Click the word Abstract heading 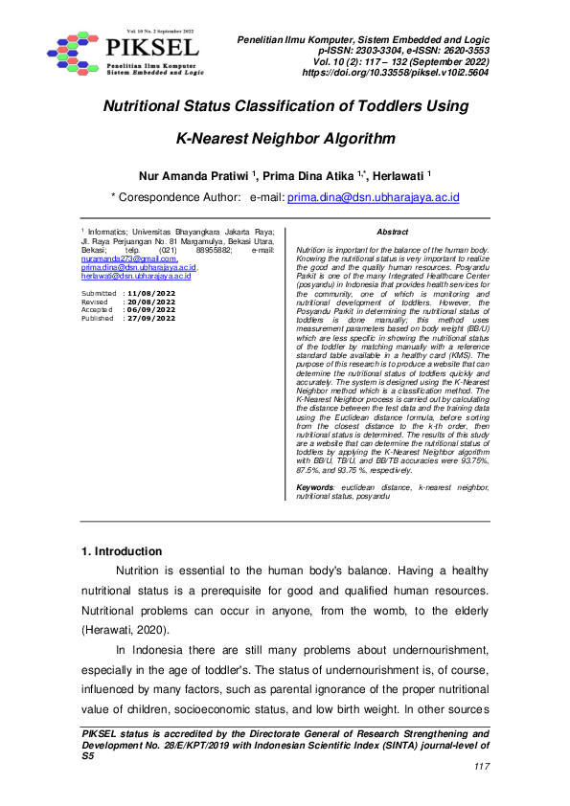point(392,233)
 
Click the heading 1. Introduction point(122,551)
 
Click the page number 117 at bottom point(481,767)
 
